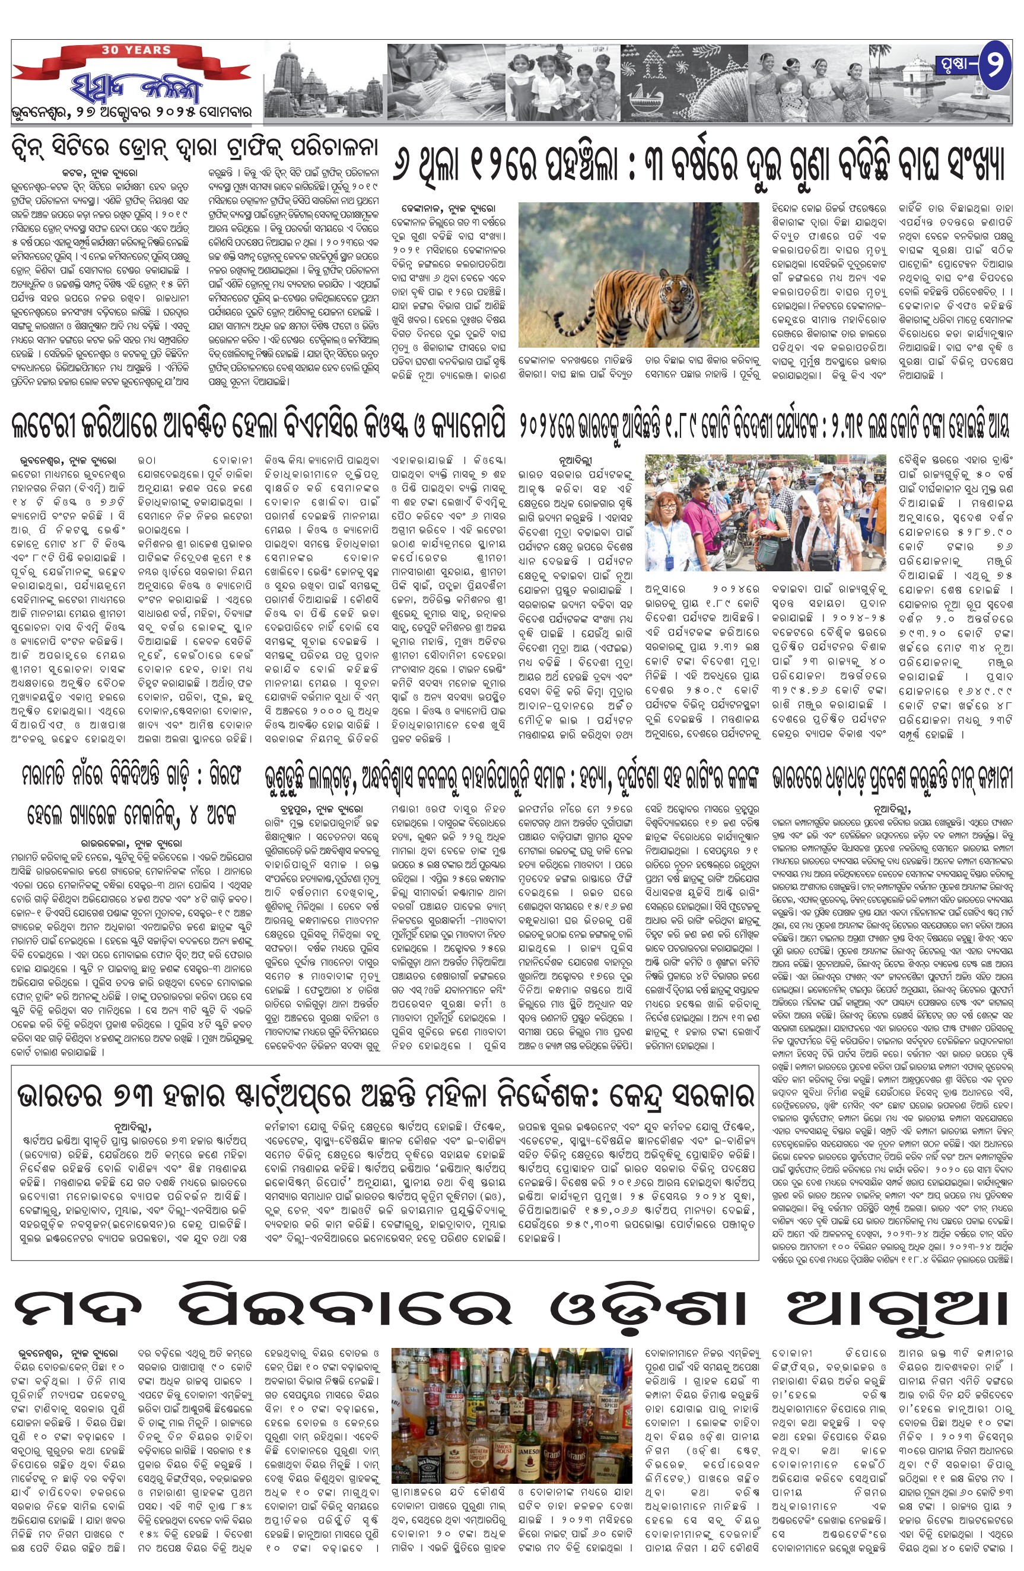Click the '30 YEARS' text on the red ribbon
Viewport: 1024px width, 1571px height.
[136, 50]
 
